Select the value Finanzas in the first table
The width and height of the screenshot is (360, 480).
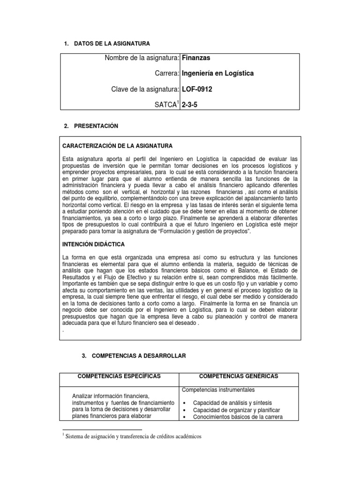[196, 58]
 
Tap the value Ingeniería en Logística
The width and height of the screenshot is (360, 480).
[217, 74]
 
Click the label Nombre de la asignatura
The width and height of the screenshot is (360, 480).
[142, 58]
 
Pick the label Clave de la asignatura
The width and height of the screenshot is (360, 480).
[145, 89]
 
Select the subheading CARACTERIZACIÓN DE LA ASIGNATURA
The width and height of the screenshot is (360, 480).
[117, 146]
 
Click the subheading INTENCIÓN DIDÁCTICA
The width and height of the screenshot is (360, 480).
[93, 245]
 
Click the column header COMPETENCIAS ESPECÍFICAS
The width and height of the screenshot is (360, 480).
[119, 376]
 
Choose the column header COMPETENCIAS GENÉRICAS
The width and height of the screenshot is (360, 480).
[239, 376]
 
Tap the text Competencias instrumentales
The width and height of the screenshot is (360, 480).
[218, 390]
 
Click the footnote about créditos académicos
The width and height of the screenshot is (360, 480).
[133, 436]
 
